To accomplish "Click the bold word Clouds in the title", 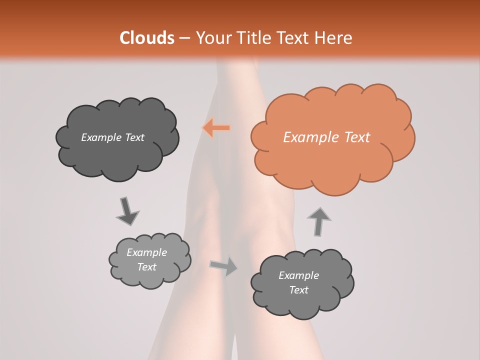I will [146, 38].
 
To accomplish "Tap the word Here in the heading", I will [334, 38].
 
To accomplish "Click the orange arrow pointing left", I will [216, 128].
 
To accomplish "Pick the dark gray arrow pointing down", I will [127, 210].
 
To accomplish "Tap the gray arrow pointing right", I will [224, 266].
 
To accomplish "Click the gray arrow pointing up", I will [318, 221].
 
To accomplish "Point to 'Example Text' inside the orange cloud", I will [326, 137].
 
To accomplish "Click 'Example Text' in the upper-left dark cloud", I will [112, 137].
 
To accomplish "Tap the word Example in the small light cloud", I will [146, 252].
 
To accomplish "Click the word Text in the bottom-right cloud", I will [298, 290].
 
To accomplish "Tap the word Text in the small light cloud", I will [146, 267].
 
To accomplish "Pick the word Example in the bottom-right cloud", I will [298, 275].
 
